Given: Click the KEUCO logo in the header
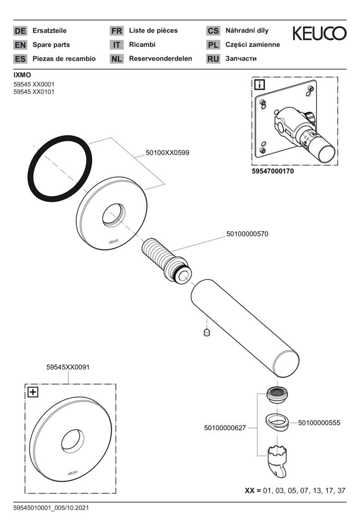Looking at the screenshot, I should point(319,34).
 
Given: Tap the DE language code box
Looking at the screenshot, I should point(20,31).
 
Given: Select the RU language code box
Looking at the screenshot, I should point(213,59).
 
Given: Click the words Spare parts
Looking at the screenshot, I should point(51,45).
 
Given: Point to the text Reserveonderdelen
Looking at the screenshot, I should point(160,59).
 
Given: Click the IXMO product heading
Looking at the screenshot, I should point(22,74).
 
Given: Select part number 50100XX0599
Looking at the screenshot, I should point(167,153).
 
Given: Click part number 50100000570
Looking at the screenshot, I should point(247,234).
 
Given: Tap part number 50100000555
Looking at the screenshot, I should point(319,423).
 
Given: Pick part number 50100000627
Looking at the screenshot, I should point(225,428).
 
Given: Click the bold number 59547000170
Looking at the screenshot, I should point(273,172).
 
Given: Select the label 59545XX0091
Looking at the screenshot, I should point(68,367).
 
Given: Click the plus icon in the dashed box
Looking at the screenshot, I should point(33,392).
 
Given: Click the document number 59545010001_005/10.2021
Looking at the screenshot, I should point(51,507).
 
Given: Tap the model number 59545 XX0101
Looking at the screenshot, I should point(35,92).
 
